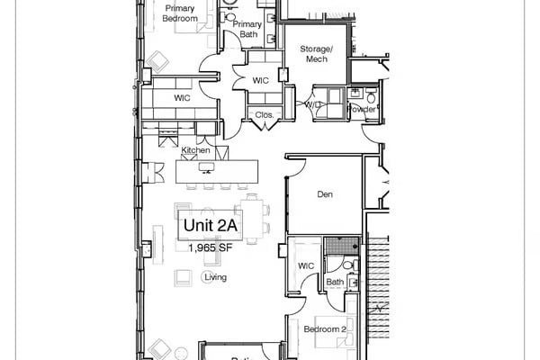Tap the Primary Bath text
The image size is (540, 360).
pos(247,30)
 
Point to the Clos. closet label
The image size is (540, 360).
pos(264,115)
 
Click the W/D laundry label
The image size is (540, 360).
pos(312,104)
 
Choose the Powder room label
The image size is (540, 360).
pos(362,109)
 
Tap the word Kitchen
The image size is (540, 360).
pos(195,150)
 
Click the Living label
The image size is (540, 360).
pos(215,278)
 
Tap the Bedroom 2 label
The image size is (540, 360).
pos(325,330)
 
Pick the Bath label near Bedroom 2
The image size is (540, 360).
pos(335,283)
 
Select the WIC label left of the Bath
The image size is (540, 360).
pos(305,265)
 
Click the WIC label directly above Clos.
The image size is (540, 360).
pos(260,81)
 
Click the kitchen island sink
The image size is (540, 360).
pos(207,167)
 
